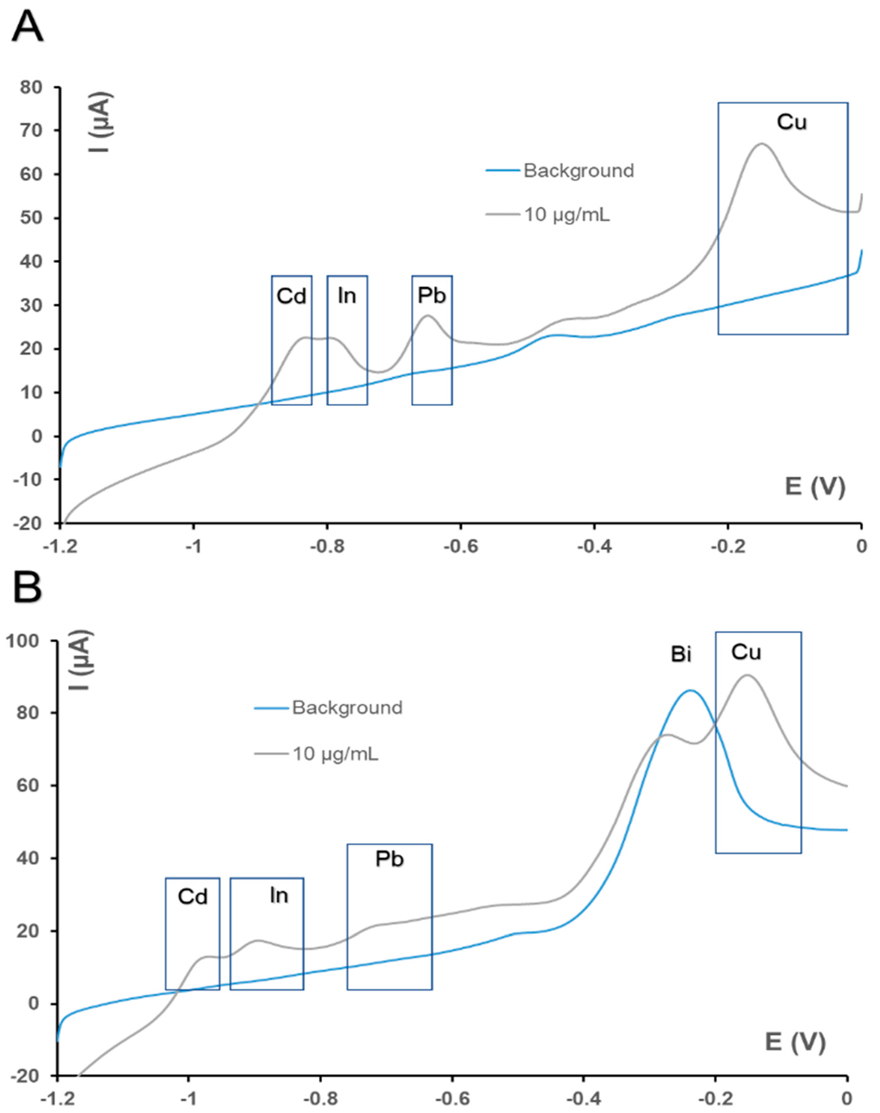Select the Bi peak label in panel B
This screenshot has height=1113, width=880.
point(681,655)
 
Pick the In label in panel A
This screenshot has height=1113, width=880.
point(347,296)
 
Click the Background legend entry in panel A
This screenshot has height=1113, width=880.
point(578,171)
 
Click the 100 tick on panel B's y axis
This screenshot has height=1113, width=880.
point(23,641)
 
